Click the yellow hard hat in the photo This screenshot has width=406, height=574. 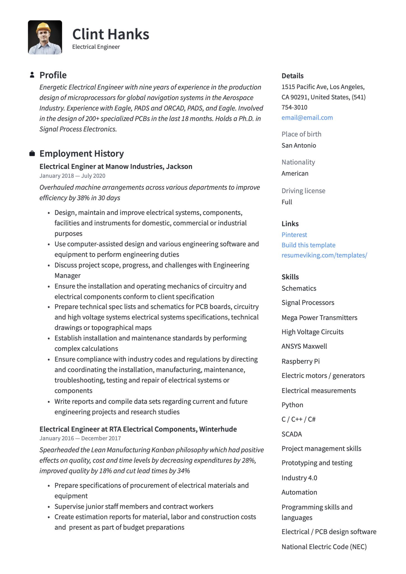pyautogui.click(x=43, y=27)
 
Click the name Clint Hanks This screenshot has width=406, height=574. pyautogui.click(x=110, y=34)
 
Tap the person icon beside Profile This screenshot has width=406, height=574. pyautogui.click(x=32, y=75)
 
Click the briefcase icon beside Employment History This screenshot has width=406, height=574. pyautogui.click(x=32, y=154)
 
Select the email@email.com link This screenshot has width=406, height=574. pyautogui.click(x=307, y=118)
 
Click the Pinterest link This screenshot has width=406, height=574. pyautogui.click(x=294, y=235)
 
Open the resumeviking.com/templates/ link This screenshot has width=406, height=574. pyautogui.click(x=324, y=255)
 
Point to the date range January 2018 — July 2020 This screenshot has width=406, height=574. pyautogui.click(x=72, y=176)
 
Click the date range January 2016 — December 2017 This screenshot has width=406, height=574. pyautogui.click(x=80, y=438)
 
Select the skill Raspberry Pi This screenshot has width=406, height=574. pyautogui.click(x=301, y=361)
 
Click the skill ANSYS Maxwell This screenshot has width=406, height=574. pyautogui.click(x=304, y=346)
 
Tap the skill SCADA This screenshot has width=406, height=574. pyautogui.click(x=292, y=434)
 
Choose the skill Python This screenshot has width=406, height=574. pyautogui.click(x=292, y=405)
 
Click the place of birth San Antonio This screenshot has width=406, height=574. pyautogui.click(x=299, y=145)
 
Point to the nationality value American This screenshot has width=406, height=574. pyautogui.click(x=295, y=173)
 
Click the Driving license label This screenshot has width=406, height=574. pyautogui.click(x=303, y=191)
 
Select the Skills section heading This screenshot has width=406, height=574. pyautogui.click(x=290, y=277)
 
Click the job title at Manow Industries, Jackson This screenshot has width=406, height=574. pyautogui.click(x=116, y=166)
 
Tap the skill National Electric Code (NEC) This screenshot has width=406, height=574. pyautogui.click(x=324, y=547)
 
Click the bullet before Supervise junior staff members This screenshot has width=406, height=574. pyautogui.click(x=49, y=507)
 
